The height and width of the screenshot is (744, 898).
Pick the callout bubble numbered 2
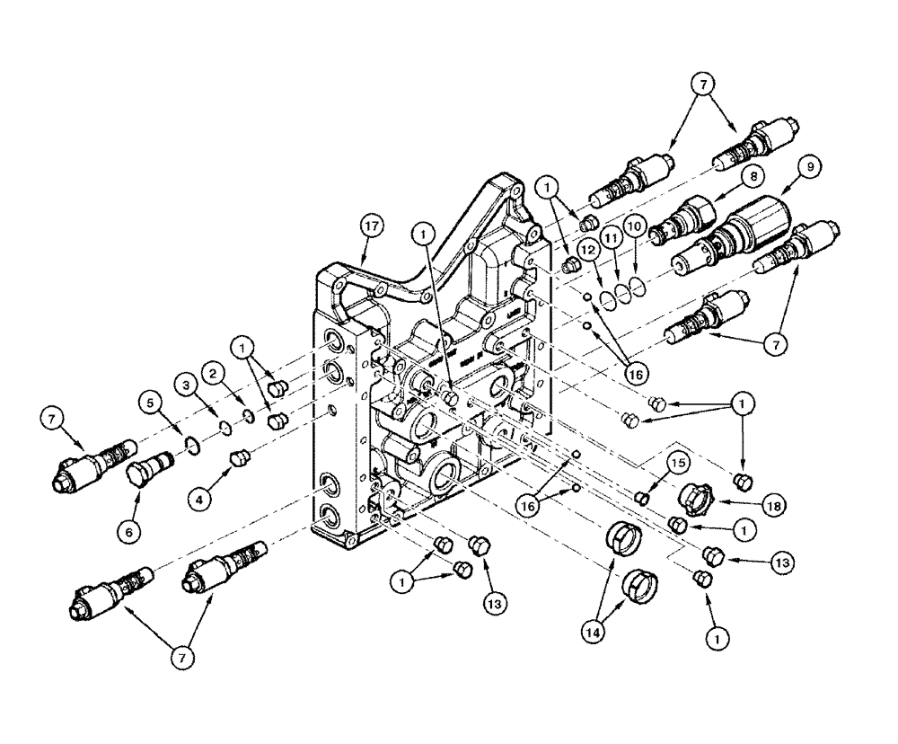coord(214,368)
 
